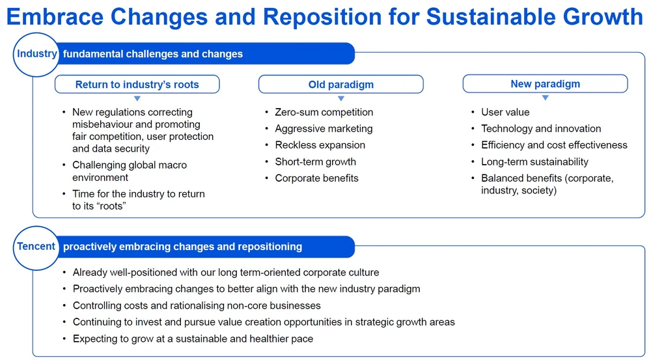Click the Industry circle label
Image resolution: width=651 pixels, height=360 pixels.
point(36,54)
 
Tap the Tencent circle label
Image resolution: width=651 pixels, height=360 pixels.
point(36,247)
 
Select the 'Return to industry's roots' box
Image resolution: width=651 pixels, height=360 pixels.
point(137,85)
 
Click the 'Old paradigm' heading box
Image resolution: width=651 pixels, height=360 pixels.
point(340,85)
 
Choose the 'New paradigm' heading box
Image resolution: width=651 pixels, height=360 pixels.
point(545,84)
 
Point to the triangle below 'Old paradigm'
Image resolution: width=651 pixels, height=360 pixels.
point(340,98)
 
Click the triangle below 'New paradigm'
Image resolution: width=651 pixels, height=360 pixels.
point(545,98)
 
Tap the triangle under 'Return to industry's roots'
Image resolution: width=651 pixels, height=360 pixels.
point(137,98)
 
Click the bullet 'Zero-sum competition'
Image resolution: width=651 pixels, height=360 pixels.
point(324,112)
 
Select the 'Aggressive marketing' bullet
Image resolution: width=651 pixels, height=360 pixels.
point(324,128)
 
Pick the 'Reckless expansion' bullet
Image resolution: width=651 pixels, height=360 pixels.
point(320,145)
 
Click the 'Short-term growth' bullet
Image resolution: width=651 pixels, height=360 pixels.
point(315,161)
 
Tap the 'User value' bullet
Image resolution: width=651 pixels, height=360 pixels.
point(505,112)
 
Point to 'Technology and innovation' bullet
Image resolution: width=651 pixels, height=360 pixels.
point(541,128)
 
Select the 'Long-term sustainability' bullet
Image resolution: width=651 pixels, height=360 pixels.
point(534,161)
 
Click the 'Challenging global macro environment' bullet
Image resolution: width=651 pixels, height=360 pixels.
point(130,171)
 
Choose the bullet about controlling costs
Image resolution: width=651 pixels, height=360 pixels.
point(197,305)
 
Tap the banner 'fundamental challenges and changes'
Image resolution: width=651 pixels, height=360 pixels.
point(153,54)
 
